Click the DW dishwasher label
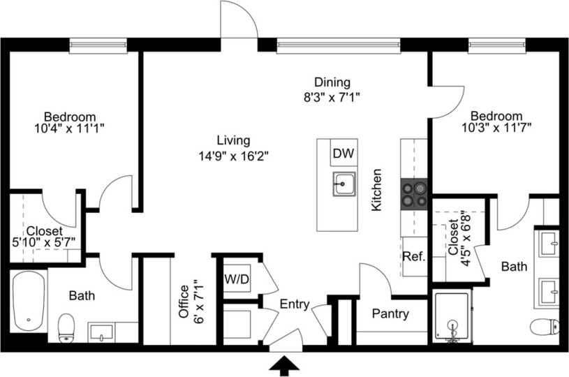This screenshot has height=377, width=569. pyautogui.click(x=342, y=154)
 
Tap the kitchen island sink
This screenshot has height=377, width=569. pyautogui.click(x=343, y=186)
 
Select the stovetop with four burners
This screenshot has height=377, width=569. pyautogui.click(x=413, y=194)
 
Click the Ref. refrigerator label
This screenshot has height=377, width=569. pyautogui.click(x=413, y=257)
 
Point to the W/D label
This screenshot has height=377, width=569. pyautogui.click(x=235, y=279)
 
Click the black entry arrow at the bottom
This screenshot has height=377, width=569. pyautogui.click(x=285, y=364)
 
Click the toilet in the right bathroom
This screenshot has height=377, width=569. pyautogui.click(x=545, y=326)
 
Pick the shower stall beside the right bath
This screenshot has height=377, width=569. pyautogui.click(x=452, y=318)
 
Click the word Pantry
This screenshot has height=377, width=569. pyautogui.click(x=390, y=313)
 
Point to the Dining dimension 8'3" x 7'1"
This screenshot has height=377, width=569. pyautogui.click(x=332, y=97)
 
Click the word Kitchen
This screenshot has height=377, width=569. pyautogui.click(x=376, y=190)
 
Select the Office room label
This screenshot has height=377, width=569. pyautogui.click(x=184, y=301)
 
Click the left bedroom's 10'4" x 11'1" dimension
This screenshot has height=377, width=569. pyautogui.click(x=69, y=128)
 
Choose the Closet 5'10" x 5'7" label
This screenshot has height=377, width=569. pyautogui.click(x=45, y=236)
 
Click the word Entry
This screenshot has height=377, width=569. pyautogui.click(x=295, y=304)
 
